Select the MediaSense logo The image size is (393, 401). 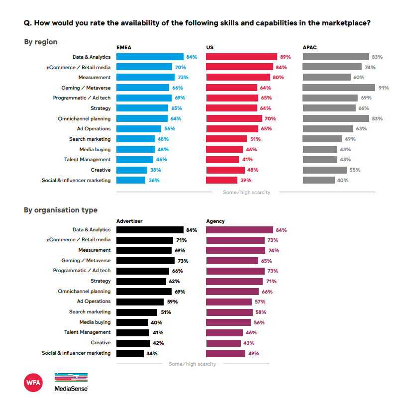(71, 382)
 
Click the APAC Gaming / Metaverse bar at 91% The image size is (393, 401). (339, 88)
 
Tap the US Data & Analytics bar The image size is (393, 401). (241, 57)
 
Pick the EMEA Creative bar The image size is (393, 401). (131, 170)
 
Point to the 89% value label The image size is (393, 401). (285, 57)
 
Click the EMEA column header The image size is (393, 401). (124, 47)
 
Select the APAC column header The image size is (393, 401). (309, 47)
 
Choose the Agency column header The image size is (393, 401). (215, 220)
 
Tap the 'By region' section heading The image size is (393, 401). (41, 42)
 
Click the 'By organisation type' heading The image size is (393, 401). (61, 210)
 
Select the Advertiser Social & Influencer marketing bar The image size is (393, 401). (129, 353)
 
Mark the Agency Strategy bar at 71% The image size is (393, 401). (234, 281)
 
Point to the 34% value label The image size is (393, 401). (152, 353)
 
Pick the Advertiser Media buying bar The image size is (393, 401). (132, 322)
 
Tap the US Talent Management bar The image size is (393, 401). (222, 160)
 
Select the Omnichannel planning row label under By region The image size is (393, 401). (84, 118)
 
